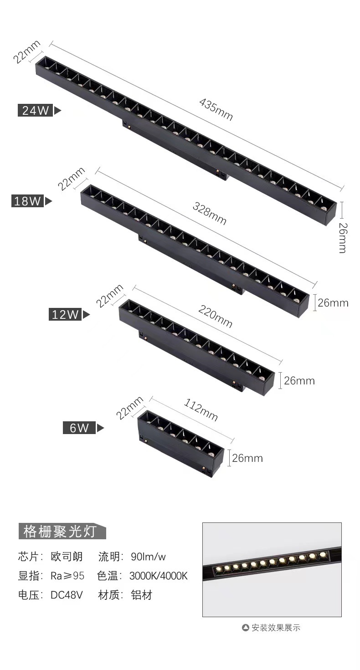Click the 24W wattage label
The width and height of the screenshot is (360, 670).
(36, 110)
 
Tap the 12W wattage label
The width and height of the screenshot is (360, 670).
(65, 314)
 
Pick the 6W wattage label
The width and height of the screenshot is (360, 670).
(79, 428)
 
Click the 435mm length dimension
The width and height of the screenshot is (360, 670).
(216, 109)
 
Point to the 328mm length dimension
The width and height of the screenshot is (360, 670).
(209, 213)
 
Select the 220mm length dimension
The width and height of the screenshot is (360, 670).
(215, 316)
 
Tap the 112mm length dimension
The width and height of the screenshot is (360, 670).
(201, 410)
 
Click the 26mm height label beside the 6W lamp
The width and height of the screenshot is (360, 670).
(247, 458)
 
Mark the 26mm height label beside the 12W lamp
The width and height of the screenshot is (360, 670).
(299, 380)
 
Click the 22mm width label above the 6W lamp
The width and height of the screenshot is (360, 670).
(129, 408)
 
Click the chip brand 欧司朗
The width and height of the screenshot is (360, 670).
(67, 557)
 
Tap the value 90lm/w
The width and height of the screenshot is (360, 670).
(148, 557)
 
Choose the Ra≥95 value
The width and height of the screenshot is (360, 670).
(67, 576)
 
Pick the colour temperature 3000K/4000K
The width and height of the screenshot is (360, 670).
(158, 576)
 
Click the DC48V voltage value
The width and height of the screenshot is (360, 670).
(67, 595)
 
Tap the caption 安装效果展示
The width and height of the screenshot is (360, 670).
(276, 628)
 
